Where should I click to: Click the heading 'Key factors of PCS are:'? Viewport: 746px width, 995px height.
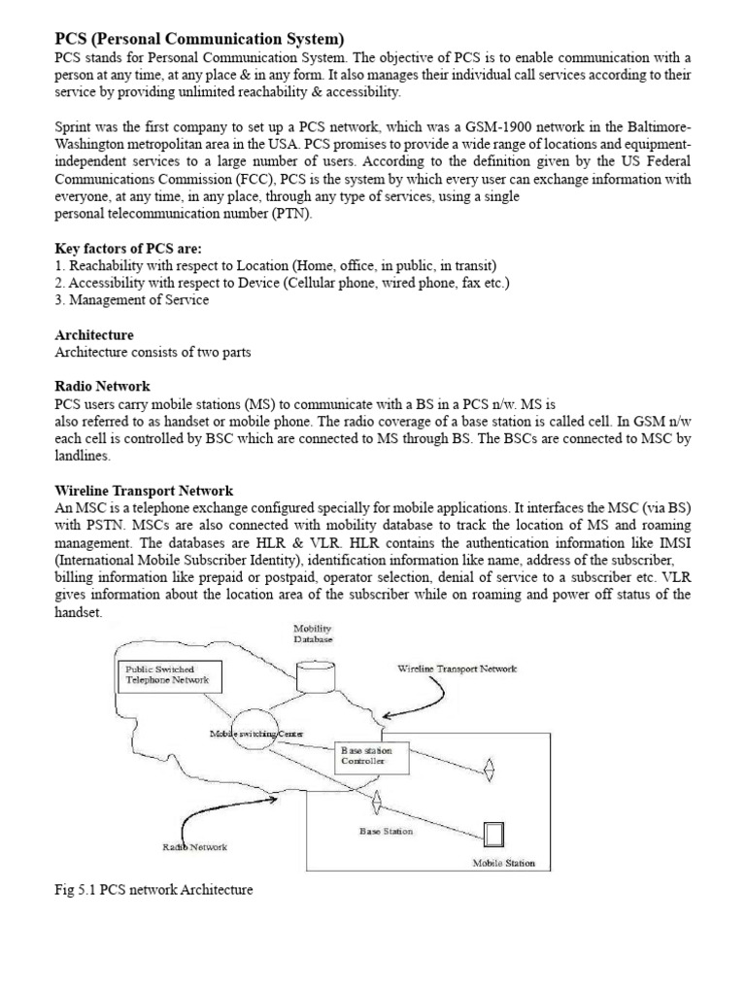[x=127, y=249]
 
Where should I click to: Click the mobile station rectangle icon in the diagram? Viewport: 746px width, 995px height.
[x=494, y=837]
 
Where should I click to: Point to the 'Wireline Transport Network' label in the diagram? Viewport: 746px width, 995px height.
[x=457, y=669]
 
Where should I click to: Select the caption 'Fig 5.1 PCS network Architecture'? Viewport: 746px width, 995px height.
[x=153, y=889]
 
